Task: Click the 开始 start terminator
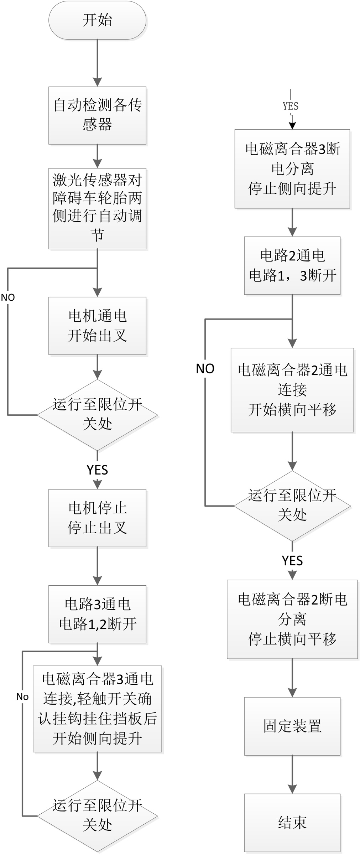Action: point(97,20)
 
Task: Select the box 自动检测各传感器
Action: point(97,115)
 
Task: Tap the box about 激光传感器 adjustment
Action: point(97,208)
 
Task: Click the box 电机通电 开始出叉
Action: point(97,326)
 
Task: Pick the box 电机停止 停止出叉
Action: point(97,518)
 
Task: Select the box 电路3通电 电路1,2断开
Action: point(97,614)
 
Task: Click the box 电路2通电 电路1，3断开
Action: point(292,265)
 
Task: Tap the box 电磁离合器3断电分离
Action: point(292,169)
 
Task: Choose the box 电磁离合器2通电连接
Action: point(292,390)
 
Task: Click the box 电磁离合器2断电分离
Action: point(292,619)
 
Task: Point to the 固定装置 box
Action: point(292,726)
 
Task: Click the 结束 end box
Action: point(292,822)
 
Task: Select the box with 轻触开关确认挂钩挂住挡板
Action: point(97,709)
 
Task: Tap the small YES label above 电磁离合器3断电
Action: point(291,106)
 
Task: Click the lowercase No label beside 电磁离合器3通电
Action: point(22,697)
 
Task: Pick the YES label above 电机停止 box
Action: point(97,470)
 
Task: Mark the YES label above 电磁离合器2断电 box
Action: point(292,560)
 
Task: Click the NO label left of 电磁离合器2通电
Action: point(205,369)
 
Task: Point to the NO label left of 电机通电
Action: point(8,297)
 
